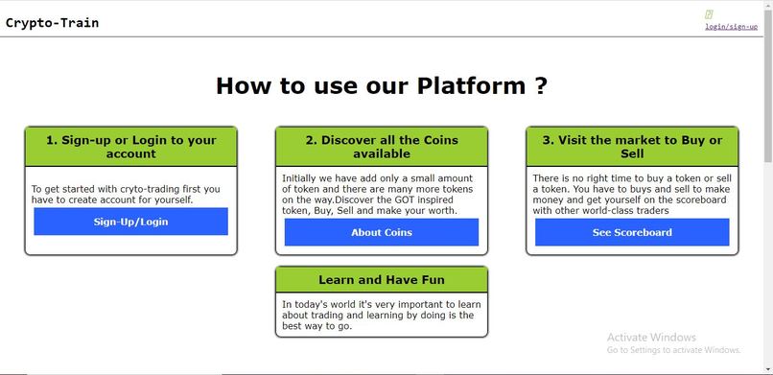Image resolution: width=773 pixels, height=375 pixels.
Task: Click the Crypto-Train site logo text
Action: click(52, 23)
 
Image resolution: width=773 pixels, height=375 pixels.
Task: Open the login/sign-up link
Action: click(731, 27)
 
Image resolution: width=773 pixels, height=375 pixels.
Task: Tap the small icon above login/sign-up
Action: click(709, 15)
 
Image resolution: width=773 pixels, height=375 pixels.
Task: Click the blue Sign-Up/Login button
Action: click(130, 222)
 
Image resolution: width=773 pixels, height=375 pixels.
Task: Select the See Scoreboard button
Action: click(632, 232)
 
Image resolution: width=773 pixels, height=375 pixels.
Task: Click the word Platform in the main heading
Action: click(471, 85)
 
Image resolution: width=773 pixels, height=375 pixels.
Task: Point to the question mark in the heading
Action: click(542, 85)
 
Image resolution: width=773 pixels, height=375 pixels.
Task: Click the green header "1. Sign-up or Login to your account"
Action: click(130, 147)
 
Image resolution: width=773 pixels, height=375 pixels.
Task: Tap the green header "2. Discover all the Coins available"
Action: click(382, 147)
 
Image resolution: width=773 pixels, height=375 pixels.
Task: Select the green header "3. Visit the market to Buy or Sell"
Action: click(632, 147)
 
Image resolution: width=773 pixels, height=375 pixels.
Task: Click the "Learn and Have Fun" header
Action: click(382, 280)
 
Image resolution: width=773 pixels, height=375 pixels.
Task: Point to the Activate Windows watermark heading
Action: click(651, 338)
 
